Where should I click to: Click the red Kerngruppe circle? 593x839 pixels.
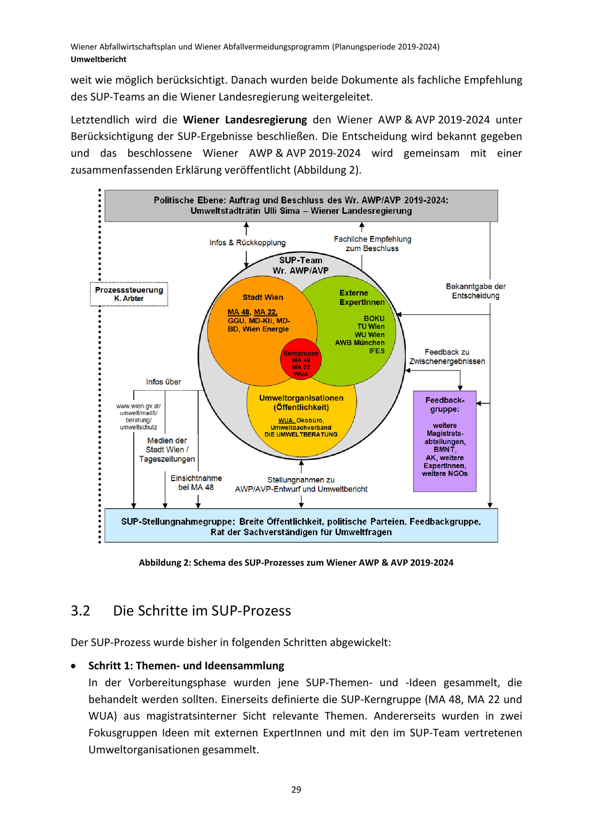pyautogui.click(x=301, y=360)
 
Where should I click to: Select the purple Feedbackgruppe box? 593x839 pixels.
pyautogui.click(x=444, y=441)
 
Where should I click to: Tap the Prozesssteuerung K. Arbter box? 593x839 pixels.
pyautogui.click(x=129, y=294)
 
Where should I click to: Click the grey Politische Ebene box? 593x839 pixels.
pyautogui.click(x=301, y=205)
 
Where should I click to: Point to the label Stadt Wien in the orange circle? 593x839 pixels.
pyautogui.click(x=262, y=297)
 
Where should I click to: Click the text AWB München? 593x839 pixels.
pyautogui.click(x=360, y=342)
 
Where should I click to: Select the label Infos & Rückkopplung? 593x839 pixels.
pyautogui.click(x=247, y=243)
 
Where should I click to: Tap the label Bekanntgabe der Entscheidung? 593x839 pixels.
pyautogui.click(x=475, y=291)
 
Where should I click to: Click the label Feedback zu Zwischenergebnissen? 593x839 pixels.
pyautogui.click(x=447, y=357)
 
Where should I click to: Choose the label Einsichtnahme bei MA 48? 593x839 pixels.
pyautogui.click(x=196, y=482)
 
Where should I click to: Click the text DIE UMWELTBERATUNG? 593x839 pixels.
pyautogui.click(x=301, y=434)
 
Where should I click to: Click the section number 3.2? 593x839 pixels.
pyautogui.click(x=80, y=611)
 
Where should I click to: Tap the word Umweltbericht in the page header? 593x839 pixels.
pyautogui.click(x=99, y=59)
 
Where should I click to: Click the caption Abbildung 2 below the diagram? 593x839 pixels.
pyautogui.click(x=296, y=562)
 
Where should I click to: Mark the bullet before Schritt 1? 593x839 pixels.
pyautogui.click(x=74, y=666)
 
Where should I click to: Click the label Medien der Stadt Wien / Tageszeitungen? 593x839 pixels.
pyautogui.click(x=167, y=449)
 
